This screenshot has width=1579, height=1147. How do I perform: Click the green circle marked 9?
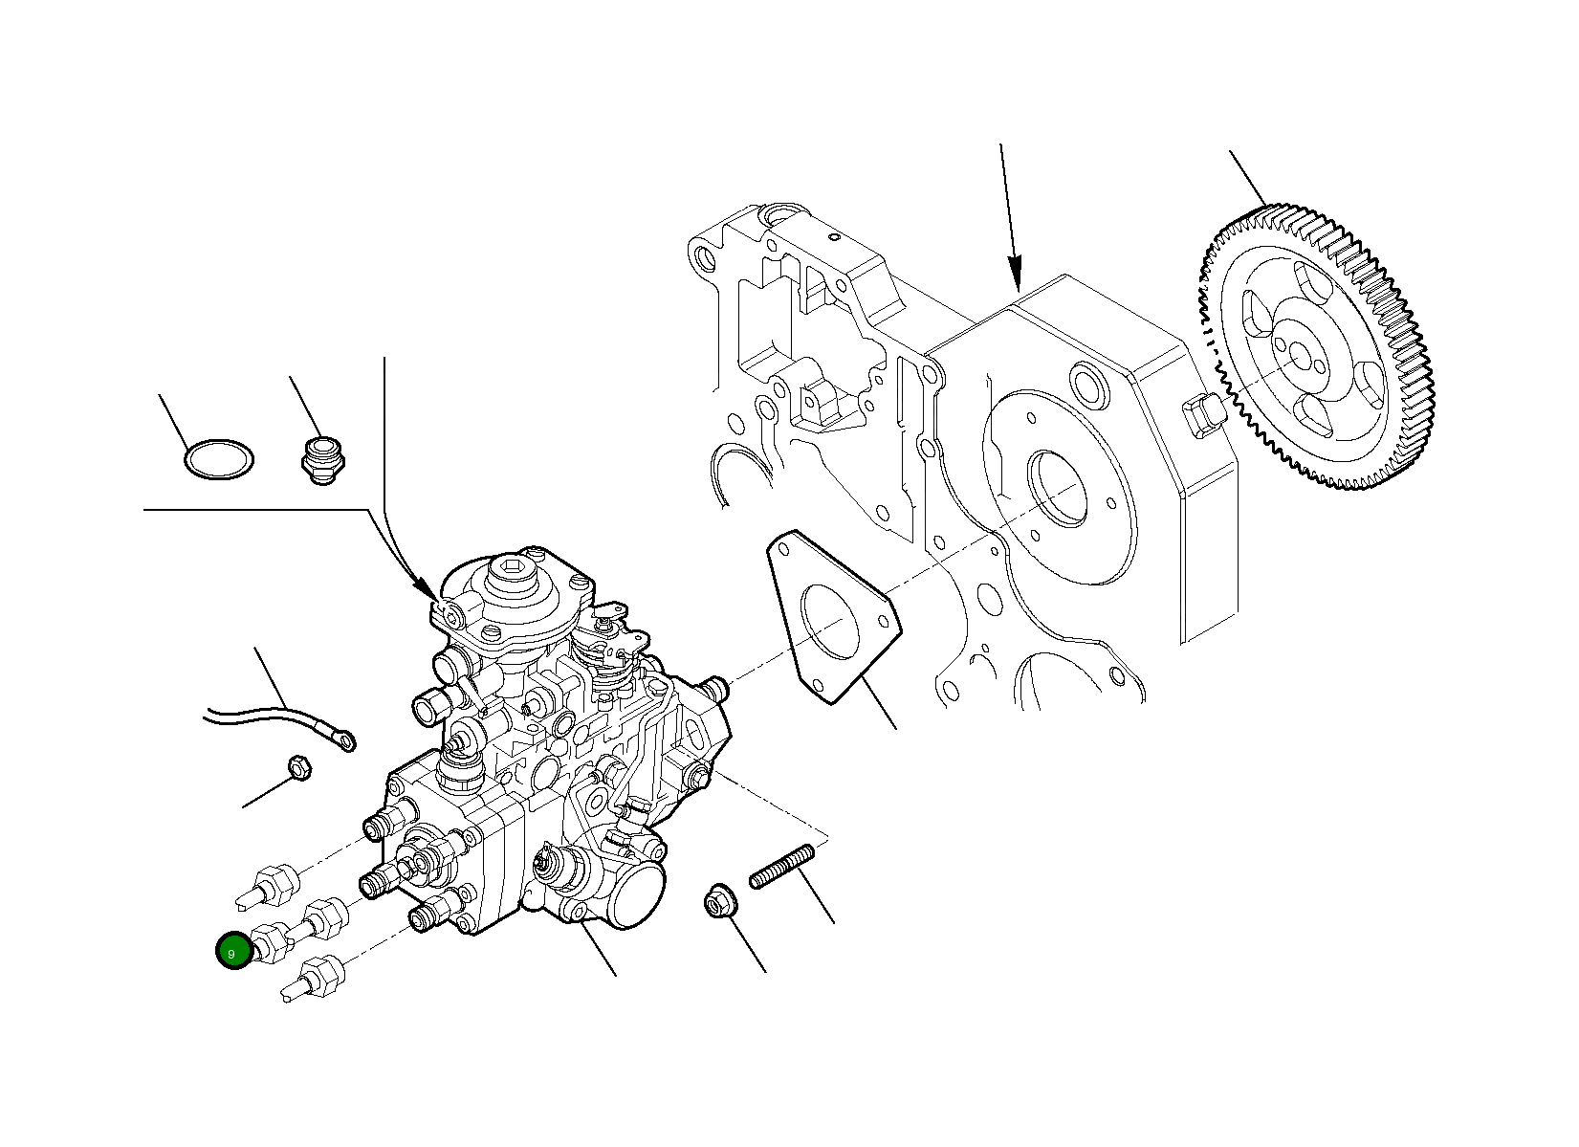tap(231, 952)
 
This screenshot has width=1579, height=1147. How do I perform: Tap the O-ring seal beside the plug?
tap(219, 459)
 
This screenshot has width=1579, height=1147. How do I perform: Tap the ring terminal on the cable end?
tap(341, 739)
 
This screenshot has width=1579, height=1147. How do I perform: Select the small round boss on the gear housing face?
tap(1089, 384)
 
